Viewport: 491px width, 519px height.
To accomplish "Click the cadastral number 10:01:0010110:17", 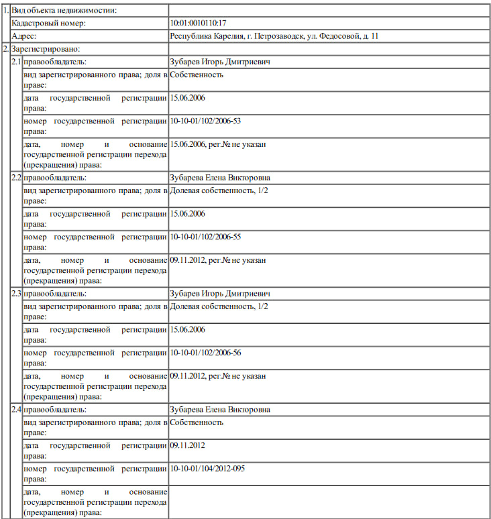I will point(199,23).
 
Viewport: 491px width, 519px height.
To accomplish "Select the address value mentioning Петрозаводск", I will point(278,36).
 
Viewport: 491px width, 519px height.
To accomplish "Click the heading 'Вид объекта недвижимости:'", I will point(60,11).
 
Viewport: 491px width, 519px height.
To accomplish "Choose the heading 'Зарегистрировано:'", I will point(45,50).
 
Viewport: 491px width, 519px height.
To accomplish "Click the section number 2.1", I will point(16,62).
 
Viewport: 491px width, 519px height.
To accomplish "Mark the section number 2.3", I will point(16,294).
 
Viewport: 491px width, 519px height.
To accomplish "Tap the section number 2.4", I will point(16,410).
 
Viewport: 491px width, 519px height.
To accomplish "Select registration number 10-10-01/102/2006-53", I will point(206,121).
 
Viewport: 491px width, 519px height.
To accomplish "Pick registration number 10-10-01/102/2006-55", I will point(206,237).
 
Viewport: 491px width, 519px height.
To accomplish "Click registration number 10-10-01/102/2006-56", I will point(206,353).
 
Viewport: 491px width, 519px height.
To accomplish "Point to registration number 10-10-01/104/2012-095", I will point(208,468).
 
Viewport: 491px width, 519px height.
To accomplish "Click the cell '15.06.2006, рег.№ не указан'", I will point(218,144).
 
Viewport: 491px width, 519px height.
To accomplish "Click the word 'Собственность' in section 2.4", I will point(197,422).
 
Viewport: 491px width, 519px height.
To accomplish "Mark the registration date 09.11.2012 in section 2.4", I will point(188,445).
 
